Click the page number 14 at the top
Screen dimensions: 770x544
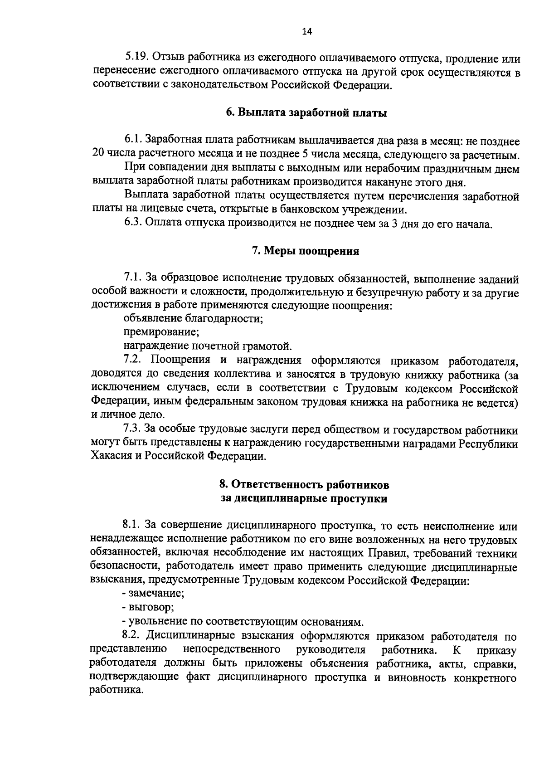pyautogui.click(x=307, y=32)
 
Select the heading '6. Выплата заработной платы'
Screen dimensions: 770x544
pyautogui.click(x=306, y=113)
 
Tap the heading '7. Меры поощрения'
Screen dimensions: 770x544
pyautogui.click(x=306, y=251)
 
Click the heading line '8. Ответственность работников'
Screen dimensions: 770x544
pyautogui.click(x=304, y=485)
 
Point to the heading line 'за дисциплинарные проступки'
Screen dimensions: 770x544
pyautogui.click(x=304, y=499)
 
